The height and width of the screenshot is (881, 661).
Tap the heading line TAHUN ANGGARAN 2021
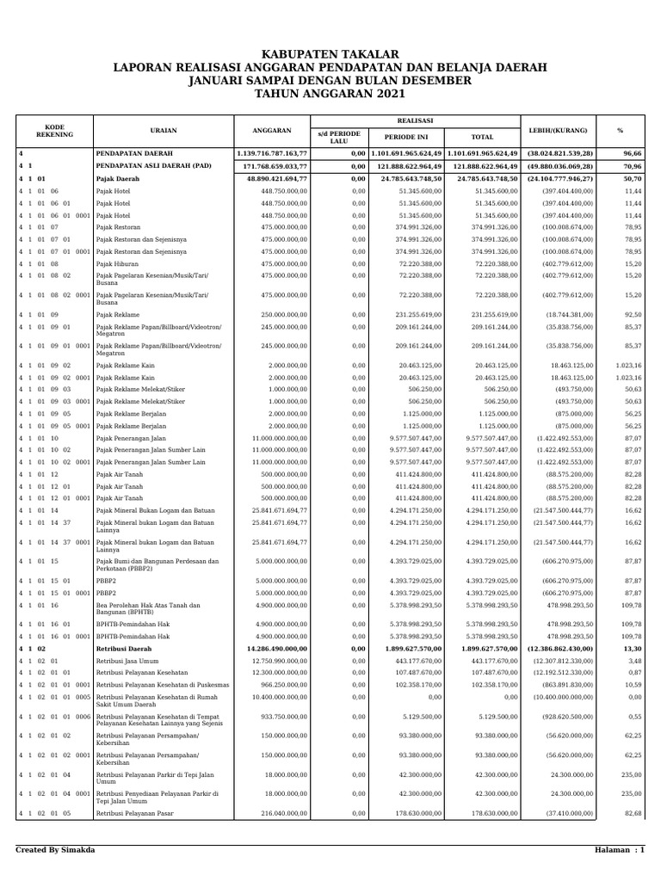(330, 93)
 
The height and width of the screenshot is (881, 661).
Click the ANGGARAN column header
(272, 131)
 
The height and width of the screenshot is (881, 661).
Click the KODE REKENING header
(54, 131)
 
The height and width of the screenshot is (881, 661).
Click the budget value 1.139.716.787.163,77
(271, 153)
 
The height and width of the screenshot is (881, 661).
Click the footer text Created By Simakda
(55, 850)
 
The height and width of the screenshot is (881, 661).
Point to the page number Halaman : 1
(619, 850)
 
